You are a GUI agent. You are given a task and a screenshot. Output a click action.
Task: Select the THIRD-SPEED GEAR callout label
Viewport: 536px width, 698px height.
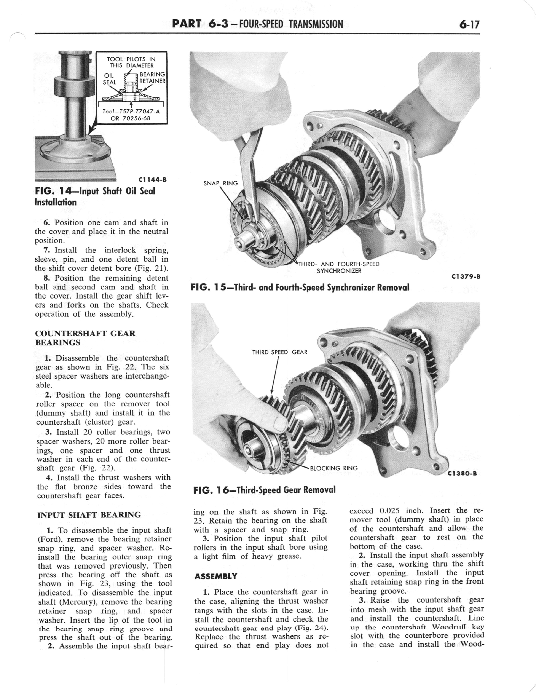tap(279, 352)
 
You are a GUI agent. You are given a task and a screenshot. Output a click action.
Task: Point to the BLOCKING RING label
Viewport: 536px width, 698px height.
tap(334, 468)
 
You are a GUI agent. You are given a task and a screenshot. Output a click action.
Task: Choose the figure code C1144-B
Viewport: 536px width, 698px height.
tap(153, 180)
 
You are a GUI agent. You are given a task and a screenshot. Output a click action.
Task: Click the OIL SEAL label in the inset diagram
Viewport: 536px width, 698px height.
tap(109, 79)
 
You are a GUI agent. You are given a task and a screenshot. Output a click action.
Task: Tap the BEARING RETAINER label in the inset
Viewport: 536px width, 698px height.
tap(152, 78)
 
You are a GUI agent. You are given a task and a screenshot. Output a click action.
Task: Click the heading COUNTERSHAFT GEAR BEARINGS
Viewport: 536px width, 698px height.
tap(85, 338)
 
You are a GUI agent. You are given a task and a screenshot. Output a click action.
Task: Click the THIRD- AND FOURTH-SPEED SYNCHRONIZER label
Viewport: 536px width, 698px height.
tap(339, 267)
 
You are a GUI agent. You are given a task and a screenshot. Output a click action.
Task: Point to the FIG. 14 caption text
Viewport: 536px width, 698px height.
tap(95, 196)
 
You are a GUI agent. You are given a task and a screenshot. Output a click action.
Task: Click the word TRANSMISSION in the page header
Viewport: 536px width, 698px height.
tap(316, 24)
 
